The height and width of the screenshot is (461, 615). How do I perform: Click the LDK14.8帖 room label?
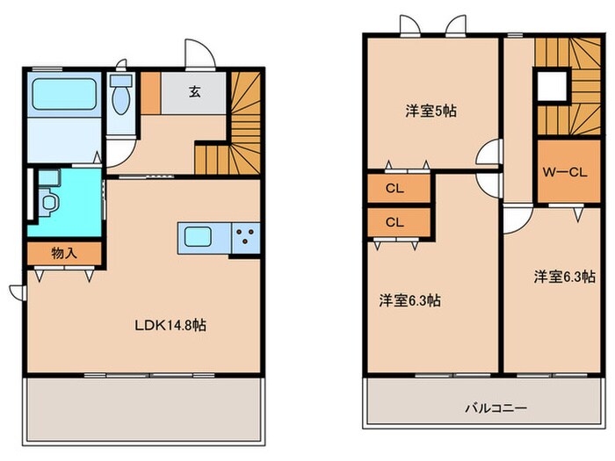pyautogui.click(x=170, y=325)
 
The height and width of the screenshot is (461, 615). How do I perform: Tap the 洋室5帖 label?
pyautogui.click(x=430, y=112)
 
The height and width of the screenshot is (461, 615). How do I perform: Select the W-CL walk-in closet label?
pyautogui.click(x=563, y=172)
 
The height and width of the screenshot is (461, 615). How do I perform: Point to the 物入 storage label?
pyautogui.click(x=64, y=253)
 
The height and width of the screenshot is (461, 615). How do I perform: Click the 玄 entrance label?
pyautogui.click(x=193, y=90)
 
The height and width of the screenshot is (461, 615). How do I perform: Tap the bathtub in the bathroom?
pyautogui.click(x=65, y=94)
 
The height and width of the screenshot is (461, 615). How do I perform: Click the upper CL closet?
pyautogui.click(x=394, y=188)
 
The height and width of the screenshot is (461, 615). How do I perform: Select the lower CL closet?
pyautogui.click(x=394, y=221)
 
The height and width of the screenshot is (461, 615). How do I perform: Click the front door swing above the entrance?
pyautogui.click(x=199, y=53)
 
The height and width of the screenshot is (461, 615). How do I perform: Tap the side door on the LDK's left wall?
pyautogui.click(x=17, y=292)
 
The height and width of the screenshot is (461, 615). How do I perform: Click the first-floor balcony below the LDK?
pyautogui.click(x=144, y=408)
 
